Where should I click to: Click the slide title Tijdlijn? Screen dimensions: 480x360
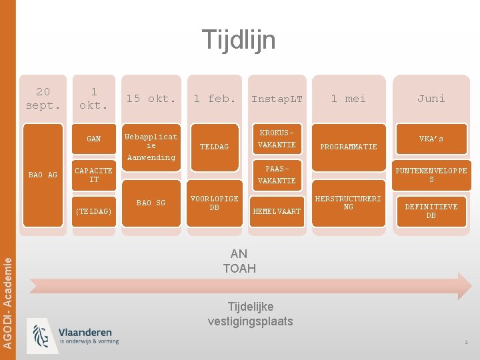pos(239,40)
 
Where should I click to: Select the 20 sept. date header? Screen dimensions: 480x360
pos(43,99)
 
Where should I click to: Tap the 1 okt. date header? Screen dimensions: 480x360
pos(94,99)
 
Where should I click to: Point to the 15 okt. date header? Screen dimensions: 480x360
pos(151,99)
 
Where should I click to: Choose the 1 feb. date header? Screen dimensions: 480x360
pos(215,99)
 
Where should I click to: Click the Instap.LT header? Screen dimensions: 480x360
pos(277,99)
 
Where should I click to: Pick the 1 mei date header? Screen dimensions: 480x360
pos(349,99)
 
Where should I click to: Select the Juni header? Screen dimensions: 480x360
pos(431,99)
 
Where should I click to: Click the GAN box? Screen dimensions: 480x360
pos(94,139)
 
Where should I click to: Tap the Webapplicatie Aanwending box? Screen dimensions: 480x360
pos(151,147)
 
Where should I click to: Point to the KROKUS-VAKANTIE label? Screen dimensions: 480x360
pos(277,139)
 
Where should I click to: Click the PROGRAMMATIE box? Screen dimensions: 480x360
pos(349,147)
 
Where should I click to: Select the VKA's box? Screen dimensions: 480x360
pos(431,139)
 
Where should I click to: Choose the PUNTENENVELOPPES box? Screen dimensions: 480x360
pos(431,175)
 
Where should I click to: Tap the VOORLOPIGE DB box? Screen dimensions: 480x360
pos(215,203)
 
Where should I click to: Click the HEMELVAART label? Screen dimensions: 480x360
pos(277,211)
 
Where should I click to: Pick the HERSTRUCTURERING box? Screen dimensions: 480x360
pos(349,203)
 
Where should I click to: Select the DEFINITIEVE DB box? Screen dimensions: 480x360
pos(431,211)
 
